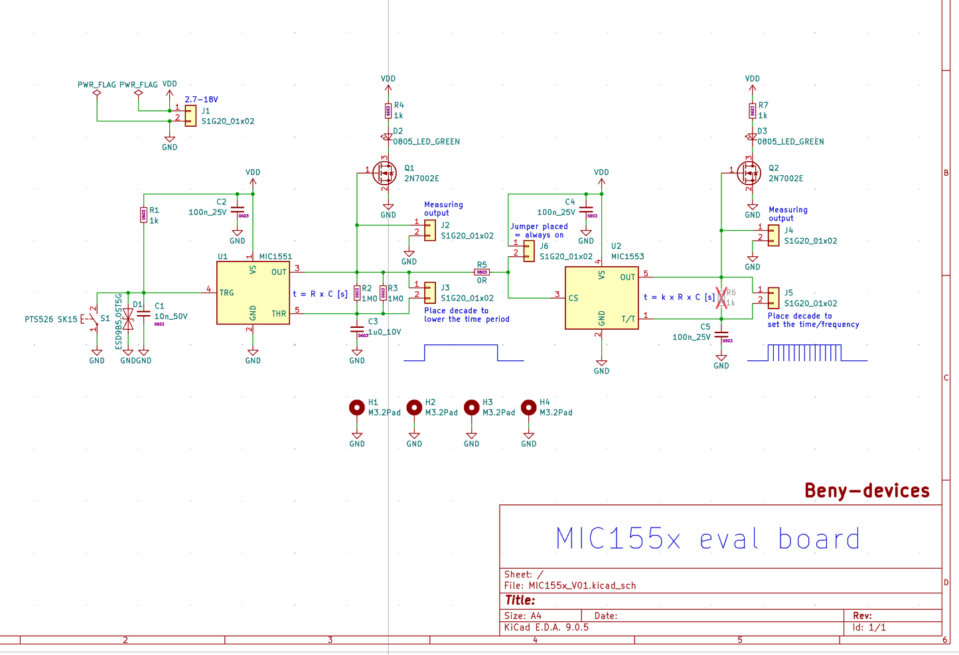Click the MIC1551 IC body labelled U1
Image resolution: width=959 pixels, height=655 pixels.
pyautogui.click(x=252, y=292)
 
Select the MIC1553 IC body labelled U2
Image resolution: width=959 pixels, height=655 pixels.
pyautogui.click(x=601, y=297)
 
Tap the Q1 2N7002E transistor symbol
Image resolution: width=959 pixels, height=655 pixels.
pyautogui.click(x=384, y=173)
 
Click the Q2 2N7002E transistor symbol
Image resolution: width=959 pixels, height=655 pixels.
pyautogui.click(x=749, y=173)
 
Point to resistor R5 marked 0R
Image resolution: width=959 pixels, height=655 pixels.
pyautogui.click(x=482, y=272)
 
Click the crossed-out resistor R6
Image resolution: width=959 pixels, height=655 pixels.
pyautogui.click(x=721, y=297)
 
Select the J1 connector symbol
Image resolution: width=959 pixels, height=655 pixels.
pyautogui.click(x=190, y=115)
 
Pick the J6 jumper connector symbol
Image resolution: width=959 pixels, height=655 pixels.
pyautogui.click(x=529, y=251)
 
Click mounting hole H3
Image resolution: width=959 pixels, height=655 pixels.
pyautogui.click(x=471, y=407)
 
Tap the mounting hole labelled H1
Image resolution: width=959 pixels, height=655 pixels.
pyautogui.click(x=357, y=407)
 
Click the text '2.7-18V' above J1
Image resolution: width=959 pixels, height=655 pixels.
pyautogui.click(x=201, y=100)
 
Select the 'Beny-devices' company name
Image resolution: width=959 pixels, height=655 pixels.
pyautogui.click(x=867, y=491)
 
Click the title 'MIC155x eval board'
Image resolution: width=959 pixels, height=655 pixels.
pyautogui.click(x=707, y=538)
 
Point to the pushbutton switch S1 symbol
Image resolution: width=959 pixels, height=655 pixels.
pyautogui.click(x=93, y=319)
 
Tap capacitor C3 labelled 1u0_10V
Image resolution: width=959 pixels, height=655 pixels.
pyautogui.click(x=357, y=329)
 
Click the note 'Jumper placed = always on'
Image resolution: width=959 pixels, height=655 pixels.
pyautogui.click(x=539, y=230)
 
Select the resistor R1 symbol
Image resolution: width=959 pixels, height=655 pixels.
pyautogui.click(x=143, y=214)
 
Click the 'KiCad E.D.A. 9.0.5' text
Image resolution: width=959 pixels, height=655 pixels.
pyautogui.click(x=546, y=627)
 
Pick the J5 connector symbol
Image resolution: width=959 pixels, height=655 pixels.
pyautogui.click(x=773, y=298)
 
